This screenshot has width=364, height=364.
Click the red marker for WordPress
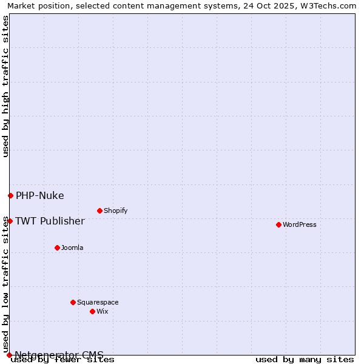pyautogui.click(x=278, y=224)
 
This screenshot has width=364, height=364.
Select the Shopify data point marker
pyautogui.click(x=99, y=211)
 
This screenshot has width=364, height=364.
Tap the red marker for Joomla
pyautogui.click(x=57, y=248)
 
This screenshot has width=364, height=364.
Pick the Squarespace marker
pyautogui.click(x=73, y=302)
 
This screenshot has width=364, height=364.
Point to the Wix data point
pyautogui.click(x=92, y=311)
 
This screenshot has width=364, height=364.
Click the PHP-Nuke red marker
pyautogui.click(x=10, y=195)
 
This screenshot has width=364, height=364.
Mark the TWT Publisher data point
pyautogui.click(x=10, y=221)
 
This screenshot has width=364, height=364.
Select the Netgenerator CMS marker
pyautogui.click(x=9, y=355)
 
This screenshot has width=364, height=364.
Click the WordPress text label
pyautogui.click(x=300, y=224)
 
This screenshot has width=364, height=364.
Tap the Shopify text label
pyautogui.click(x=116, y=211)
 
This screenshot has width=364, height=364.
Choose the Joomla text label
pyautogui.click(x=72, y=248)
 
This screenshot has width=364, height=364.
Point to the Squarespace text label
pyautogui.click(x=98, y=302)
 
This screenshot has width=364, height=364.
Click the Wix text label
pyautogui.click(x=103, y=311)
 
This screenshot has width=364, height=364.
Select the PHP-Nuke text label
pyautogui.click(x=39, y=195)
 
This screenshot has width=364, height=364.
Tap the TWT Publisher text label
pyautogui.click(x=50, y=221)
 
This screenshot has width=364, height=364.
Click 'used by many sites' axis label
pyautogui.click(x=305, y=360)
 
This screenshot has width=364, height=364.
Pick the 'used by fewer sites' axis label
pyautogui.click(x=63, y=360)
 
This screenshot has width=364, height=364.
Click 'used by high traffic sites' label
pyautogui.click(x=5, y=86)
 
